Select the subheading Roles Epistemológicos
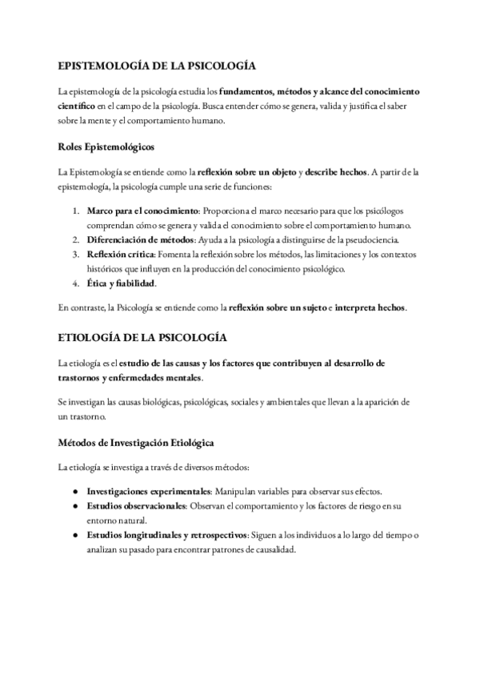[106, 147]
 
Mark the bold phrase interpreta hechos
[386, 307]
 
